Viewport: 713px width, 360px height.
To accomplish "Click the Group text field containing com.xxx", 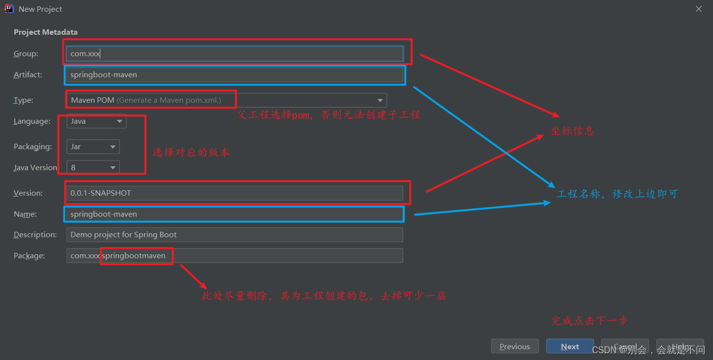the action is [x=235, y=54].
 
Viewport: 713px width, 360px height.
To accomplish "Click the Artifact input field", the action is [x=235, y=75].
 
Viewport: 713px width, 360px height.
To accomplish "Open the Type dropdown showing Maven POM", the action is [x=227, y=100].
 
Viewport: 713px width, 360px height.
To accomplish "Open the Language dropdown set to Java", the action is [x=96, y=121].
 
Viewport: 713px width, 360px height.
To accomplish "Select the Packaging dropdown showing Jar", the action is [x=93, y=147].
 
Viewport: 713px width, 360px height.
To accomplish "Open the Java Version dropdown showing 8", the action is [x=93, y=168].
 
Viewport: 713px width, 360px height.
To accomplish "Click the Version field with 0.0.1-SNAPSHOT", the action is [x=235, y=193].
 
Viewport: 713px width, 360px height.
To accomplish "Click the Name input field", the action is [x=235, y=214].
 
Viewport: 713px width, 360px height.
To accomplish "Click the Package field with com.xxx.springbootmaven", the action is [x=235, y=256].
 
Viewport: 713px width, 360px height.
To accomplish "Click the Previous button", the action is [x=515, y=346].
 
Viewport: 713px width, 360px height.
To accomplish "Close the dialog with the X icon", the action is [x=699, y=9].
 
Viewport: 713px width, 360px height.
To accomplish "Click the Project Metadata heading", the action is [x=46, y=32].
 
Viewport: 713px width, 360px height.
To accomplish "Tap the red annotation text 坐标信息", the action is [x=573, y=131].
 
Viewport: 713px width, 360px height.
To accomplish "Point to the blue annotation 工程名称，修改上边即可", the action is [x=617, y=194].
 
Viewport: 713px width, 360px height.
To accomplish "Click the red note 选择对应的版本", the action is [x=191, y=152].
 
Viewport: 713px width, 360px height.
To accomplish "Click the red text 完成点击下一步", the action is [x=589, y=321].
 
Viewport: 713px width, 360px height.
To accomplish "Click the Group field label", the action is [x=26, y=54].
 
